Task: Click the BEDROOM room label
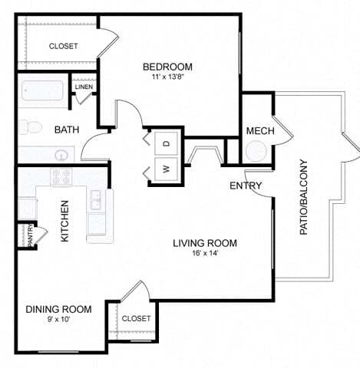tap(167, 66)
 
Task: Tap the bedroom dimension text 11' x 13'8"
tap(167, 77)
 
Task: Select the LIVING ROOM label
tap(204, 244)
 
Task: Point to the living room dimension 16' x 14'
tap(204, 255)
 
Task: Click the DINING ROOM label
tap(58, 309)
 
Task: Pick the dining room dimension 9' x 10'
tap(58, 320)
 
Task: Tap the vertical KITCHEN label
tap(65, 221)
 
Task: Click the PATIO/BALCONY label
tap(303, 197)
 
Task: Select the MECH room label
tap(259, 131)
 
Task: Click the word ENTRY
tap(246, 186)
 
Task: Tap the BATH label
tap(67, 130)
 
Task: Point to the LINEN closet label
tap(84, 87)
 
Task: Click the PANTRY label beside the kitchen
tap(31, 235)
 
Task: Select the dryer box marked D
tap(166, 143)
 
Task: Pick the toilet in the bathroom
tap(29, 126)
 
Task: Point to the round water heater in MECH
tap(257, 151)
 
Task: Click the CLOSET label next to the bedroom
tap(63, 46)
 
